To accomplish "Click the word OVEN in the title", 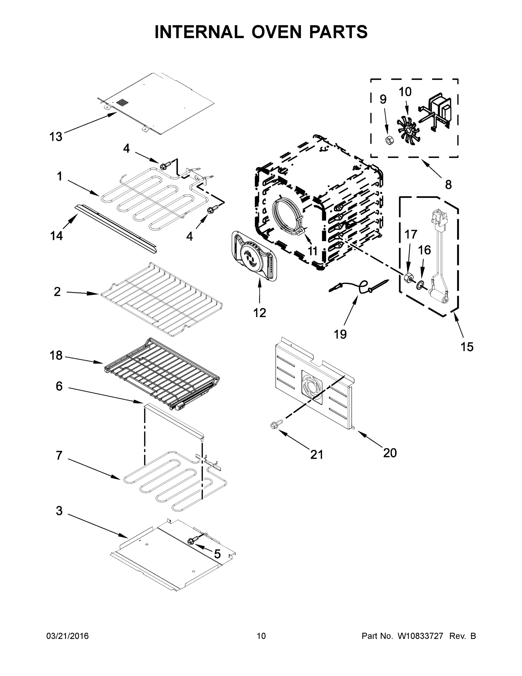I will pyautogui.click(x=276, y=32).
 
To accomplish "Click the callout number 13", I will pyautogui.click(x=56, y=137).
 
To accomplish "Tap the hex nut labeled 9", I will pyautogui.click(x=389, y=140).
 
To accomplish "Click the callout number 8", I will pyautogui.click(x=448, y=185).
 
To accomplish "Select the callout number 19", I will pyautogui.click(x=340, y=334).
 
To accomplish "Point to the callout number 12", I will pyautogui.click(x=259, y=313).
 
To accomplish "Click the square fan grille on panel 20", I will pyautogui.click(x=312, y=387).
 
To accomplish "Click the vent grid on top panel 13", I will pyautogui.click(x=122, y=103).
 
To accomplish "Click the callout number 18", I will pyautogui.click(x=56, y=355).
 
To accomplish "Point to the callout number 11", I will pyautogui.click(x=313, y=251).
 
